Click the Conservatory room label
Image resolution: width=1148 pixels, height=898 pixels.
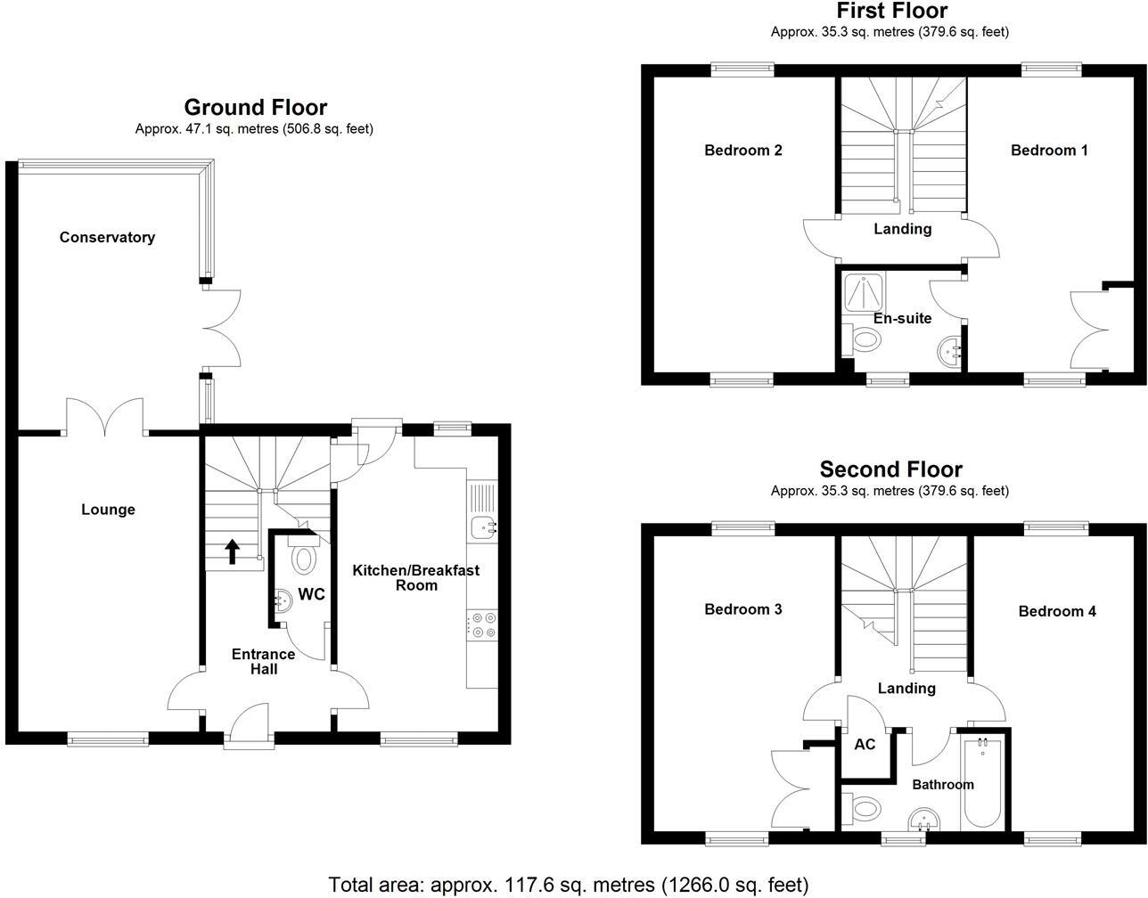[x=107, y=237]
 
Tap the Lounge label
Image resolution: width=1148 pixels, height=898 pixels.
[x=108, y=510]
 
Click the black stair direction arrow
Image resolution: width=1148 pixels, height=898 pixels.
[x=232, y=551]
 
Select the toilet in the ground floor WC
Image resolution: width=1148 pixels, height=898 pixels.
[x=304, y=559]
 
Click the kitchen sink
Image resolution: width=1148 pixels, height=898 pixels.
[x=483, y=527]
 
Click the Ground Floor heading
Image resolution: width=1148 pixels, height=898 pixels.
[x=255, y=108]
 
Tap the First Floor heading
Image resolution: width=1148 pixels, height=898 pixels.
[x=890, y=11]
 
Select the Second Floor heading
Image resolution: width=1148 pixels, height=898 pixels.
[x=890, y=469]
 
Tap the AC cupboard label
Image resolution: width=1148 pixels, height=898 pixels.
[x=865, y=745]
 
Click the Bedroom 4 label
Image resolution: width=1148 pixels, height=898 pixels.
[x=1057, y=611]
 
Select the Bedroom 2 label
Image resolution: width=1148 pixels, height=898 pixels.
[x=742, y=150]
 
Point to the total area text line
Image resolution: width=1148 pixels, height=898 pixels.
[x=569, y=885]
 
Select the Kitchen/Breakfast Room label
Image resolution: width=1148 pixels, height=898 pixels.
[x=416, y=577]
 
